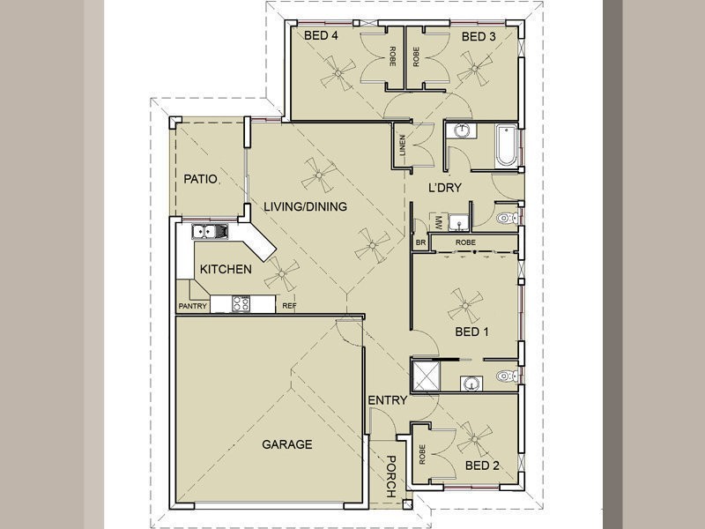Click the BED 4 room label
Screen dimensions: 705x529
click(x=321, y=35)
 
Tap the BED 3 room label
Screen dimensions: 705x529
click(x=479, y=36)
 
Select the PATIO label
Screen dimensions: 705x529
click(x=201, y=179)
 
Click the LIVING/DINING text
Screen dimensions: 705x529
click(x=305, y=206)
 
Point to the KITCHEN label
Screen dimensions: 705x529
click(x=226, y=269)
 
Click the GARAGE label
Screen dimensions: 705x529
click(x=287, y=444)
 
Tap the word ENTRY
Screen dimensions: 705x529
click(x=387, y=400)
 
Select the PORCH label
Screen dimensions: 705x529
click(x=391, y=476)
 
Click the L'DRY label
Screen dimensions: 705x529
click(x=445, y=188)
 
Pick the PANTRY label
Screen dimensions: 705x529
click(x=193, y=306)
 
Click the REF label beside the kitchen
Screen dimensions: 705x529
click(x=289, y=306)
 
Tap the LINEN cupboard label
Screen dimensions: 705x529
click(x=402, y=145)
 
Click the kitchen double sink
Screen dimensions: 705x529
click(x=210, y=231)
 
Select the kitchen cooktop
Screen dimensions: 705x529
click(x=241, y=303)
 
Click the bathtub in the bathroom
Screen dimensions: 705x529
click(x=507, y=146)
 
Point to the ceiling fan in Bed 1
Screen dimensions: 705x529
click(x=465, y=305)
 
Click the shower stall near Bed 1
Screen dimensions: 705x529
click(x=426, y=376)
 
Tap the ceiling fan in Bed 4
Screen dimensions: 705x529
click(x=338, y=73)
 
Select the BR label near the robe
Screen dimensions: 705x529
click(x=421, y=243)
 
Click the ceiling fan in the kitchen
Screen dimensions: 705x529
click(x=281, y=273)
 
